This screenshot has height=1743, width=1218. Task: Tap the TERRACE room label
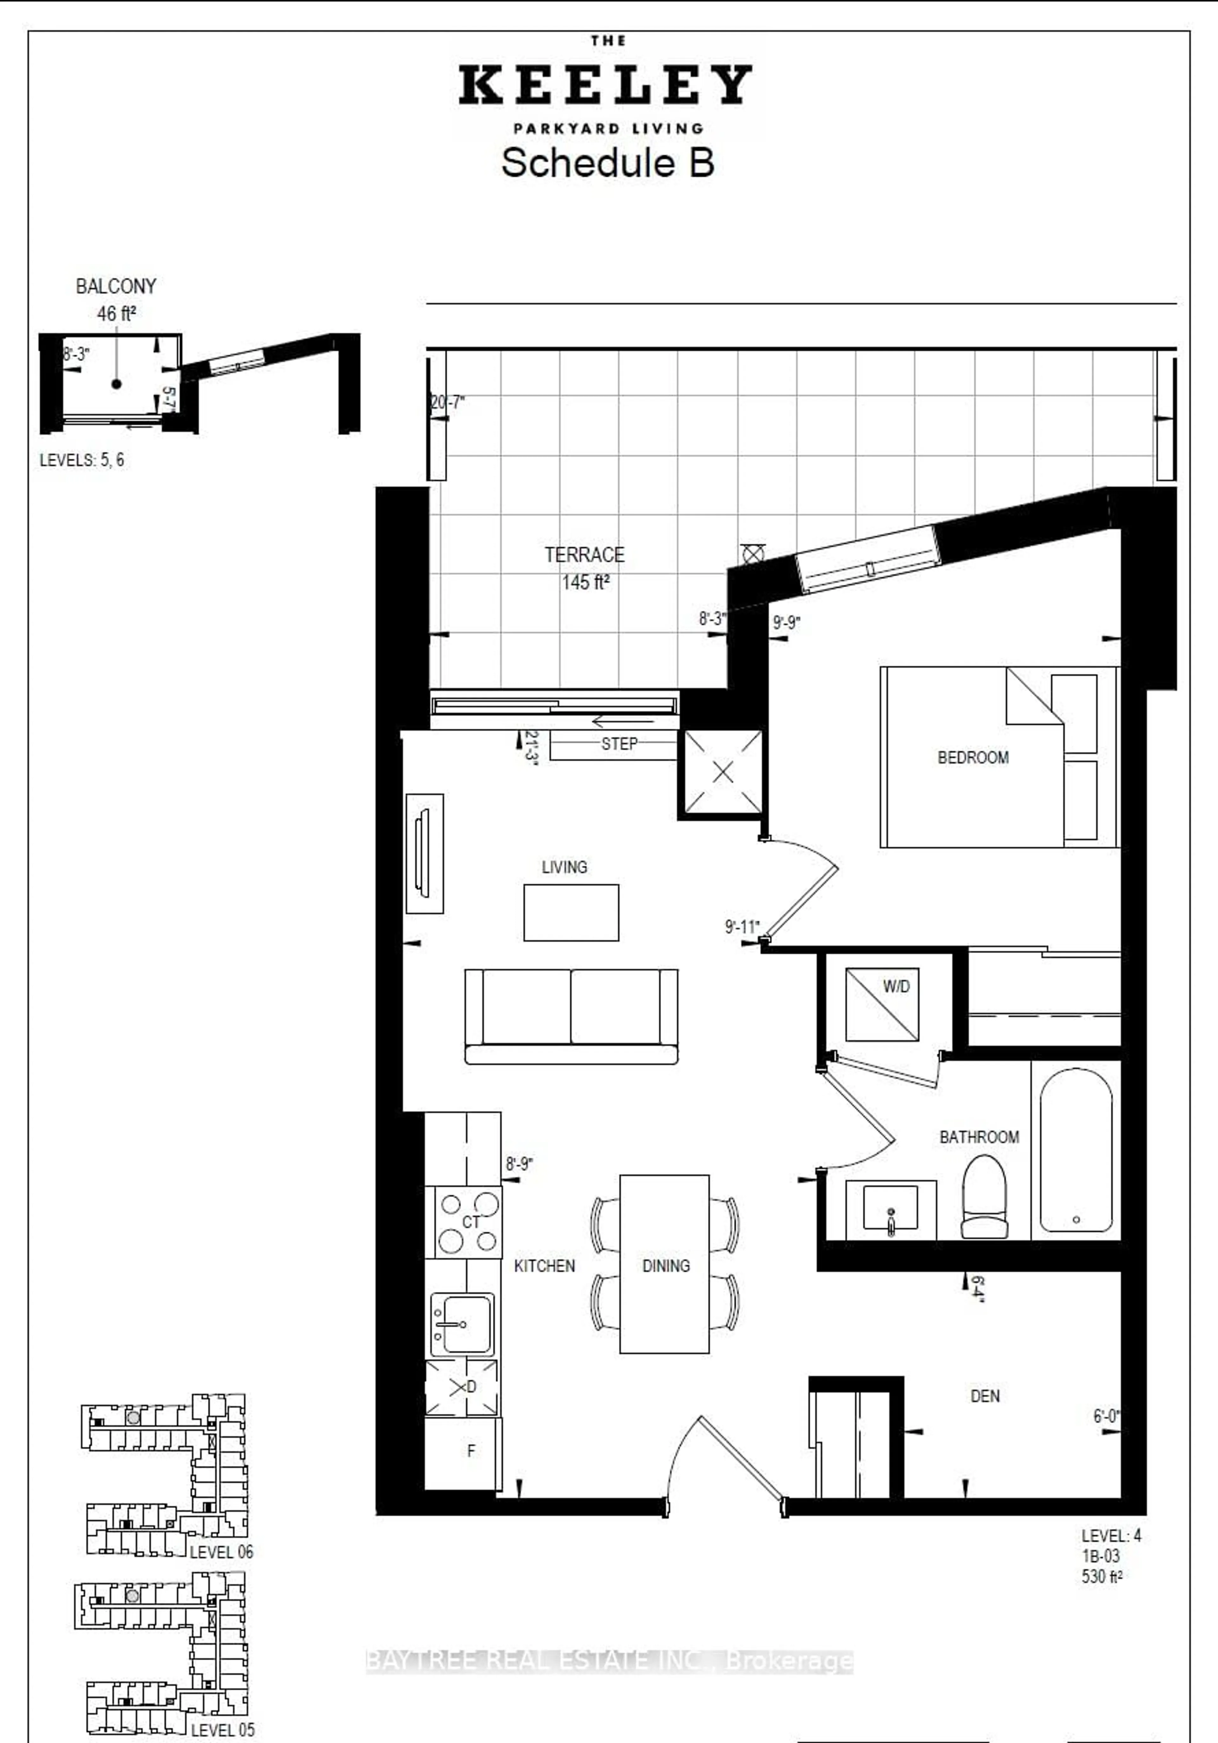[x=584, y=555]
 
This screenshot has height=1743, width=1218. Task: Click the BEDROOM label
[x=973, y=758]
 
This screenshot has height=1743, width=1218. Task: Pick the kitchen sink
[x=462, y=1324]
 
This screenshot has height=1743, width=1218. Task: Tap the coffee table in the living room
[x=571, y=912]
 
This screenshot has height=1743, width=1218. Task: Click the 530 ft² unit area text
[x=1101, y=1577]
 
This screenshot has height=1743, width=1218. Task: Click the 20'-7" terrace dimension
[x=447, y=402]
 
